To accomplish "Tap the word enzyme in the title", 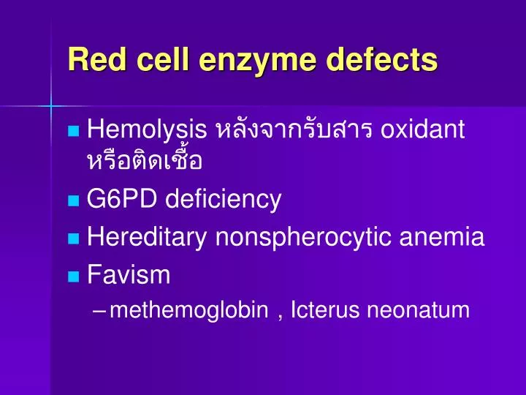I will (251, 59).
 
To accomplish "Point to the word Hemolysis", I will (146, 130).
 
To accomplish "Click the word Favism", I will (128, 275).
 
